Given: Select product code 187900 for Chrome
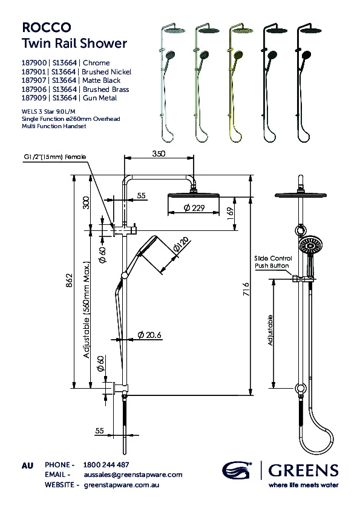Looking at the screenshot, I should click(34, 62).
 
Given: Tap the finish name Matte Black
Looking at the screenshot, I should click(102, 80).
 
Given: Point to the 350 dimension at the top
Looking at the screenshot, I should click(158, 155).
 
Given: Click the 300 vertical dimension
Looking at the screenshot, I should click(86, 203).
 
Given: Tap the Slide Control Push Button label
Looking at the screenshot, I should click(272, 262).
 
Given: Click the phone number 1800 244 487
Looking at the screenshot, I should click(106, 465).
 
